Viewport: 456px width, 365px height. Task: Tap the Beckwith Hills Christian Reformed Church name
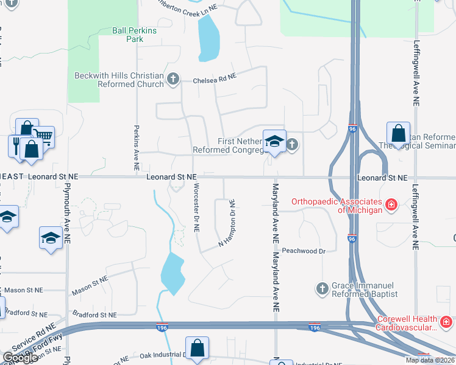tap(119, 80)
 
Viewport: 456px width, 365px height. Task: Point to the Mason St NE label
tap(90, 285)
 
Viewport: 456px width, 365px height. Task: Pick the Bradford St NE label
tap(94, 315)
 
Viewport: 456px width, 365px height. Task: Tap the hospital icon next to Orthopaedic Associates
tap(391, 206)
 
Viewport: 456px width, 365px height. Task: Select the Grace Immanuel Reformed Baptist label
tap(365, 290)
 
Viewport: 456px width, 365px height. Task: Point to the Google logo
tap(20, 358)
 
